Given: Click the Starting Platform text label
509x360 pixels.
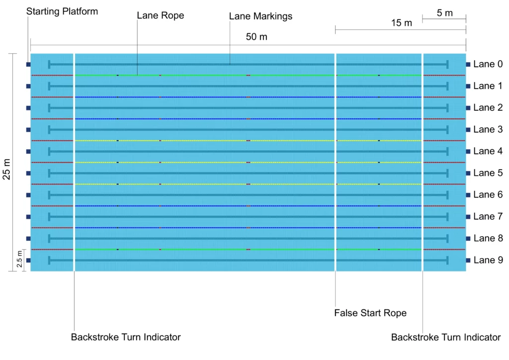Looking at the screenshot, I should [62, 11].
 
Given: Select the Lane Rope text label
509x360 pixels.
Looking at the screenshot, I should [161, 15].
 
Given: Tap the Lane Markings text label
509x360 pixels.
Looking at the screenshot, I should [260, 16].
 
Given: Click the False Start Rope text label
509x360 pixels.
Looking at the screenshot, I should [370, 313].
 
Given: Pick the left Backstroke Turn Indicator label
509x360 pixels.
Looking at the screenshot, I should [126, 337].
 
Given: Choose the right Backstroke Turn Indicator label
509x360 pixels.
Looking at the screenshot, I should [446, 337].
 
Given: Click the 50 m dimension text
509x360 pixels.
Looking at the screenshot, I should [256, 37].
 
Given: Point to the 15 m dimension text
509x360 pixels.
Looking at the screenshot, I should [402, 23].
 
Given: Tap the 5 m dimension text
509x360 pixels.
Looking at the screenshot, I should [445, 13].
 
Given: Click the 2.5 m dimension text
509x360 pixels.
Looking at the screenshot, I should [19, 260].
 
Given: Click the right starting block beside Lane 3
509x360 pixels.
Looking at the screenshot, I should [468, 130].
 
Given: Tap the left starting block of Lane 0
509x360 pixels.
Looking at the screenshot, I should [28, 64].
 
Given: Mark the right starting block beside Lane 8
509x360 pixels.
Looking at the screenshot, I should [468, 239].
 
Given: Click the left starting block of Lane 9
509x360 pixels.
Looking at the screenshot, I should [28, 260].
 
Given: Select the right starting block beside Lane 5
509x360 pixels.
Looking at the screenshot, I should [468, 173].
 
